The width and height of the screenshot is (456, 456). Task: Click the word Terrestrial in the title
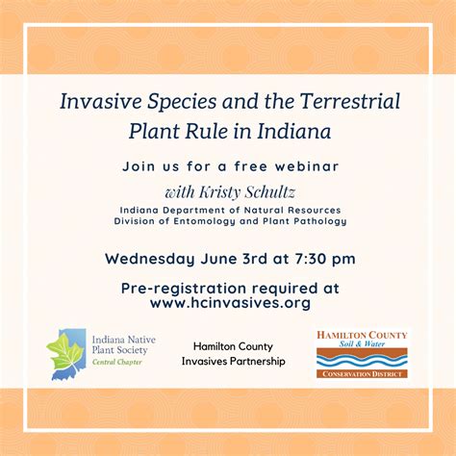point(350,101)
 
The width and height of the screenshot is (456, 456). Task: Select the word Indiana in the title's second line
point(294,131)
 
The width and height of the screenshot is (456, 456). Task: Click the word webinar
point(307,166)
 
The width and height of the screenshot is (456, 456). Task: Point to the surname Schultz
point(270,191)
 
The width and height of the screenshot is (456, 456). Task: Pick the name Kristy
point(219,192)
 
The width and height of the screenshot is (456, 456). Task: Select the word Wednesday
point(150,259)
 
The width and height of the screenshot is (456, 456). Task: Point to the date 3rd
point(255,259)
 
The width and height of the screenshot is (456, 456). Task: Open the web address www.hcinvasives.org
point(230,303)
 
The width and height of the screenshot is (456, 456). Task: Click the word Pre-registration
point(184,289)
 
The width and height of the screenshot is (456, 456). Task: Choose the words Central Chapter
point(117,362)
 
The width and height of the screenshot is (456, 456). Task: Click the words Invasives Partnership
point(234,361)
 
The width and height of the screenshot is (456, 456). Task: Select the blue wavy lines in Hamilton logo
point(362,361)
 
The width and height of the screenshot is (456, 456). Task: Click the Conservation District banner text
point(362,374)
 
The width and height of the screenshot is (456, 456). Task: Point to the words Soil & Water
point(362,343)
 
